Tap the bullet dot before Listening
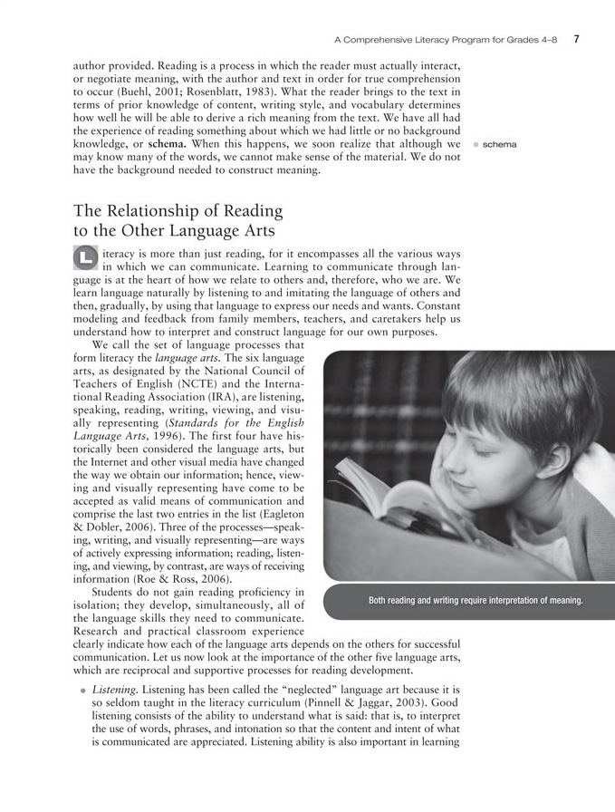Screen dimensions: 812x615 click(82, 691)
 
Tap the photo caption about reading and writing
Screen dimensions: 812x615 click(476, 601)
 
